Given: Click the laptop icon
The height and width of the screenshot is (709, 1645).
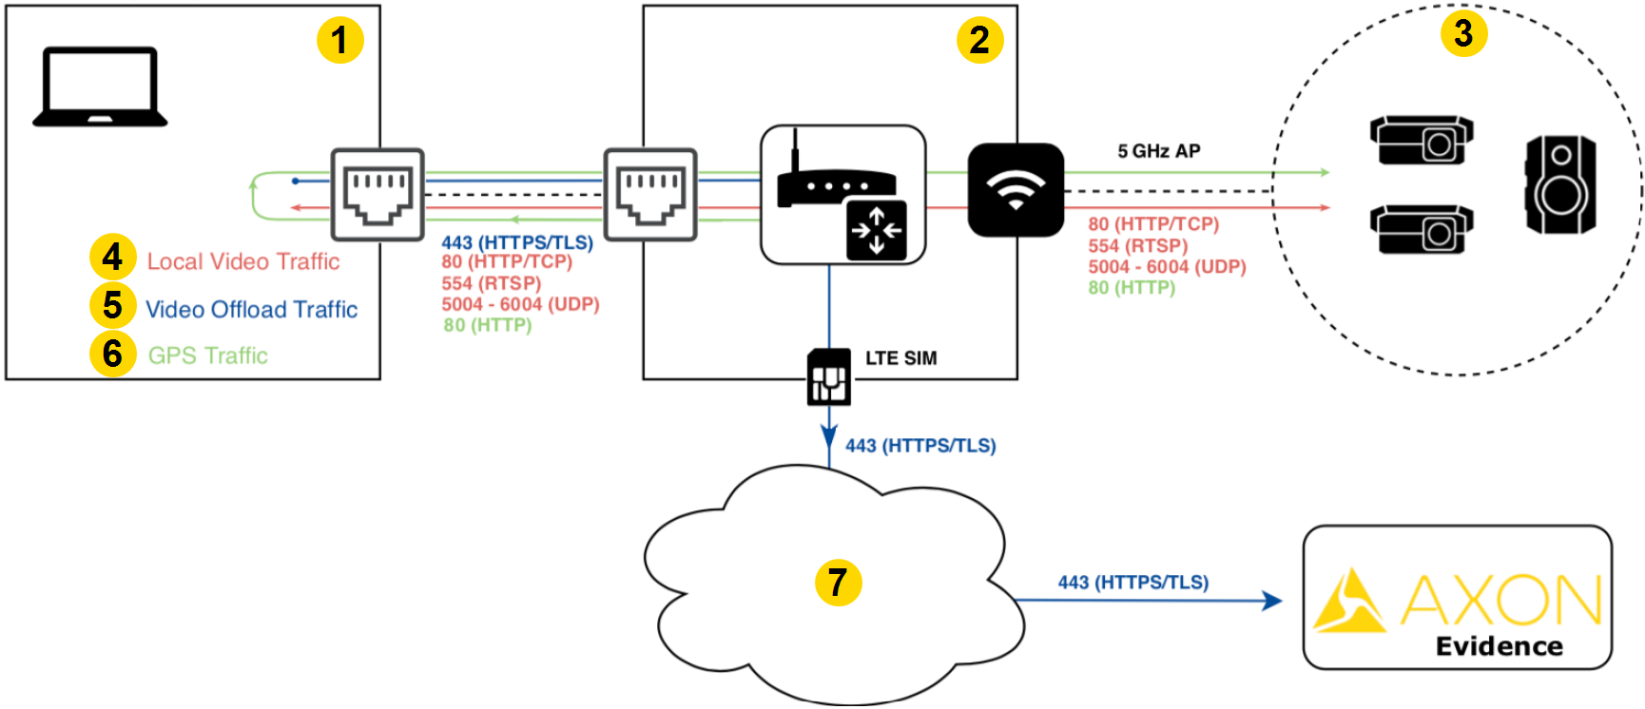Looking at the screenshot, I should pyautogui.click(x=100, y=86).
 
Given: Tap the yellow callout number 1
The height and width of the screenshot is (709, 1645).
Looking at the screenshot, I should pyautogui.click(x=339, y=40).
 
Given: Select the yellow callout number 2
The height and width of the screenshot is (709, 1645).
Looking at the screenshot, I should pyautogui.click(x=979, y=40).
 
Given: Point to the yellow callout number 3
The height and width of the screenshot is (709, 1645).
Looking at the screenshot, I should pyautogui.click(x=1463, y=33).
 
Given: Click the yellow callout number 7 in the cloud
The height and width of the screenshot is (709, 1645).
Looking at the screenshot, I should pyautogui.click(x=838, y=582).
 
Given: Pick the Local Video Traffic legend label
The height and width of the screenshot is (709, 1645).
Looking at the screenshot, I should pyautogui.click(x=242, y=261).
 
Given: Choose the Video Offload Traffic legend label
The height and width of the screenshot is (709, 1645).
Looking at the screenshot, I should pyautogui.click(x=251, y=309).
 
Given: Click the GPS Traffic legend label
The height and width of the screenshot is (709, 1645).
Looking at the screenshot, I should pyautogui.click(x=207, y=355).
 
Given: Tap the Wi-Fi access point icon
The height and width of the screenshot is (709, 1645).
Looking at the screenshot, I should pyautogui.click(x=1016, y=189).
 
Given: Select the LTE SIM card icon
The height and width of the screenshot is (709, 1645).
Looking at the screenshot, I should pyautogui.click(x=829, y=377).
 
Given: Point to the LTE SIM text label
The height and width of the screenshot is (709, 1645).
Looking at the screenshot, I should pyautogui.click(x=900, y=358).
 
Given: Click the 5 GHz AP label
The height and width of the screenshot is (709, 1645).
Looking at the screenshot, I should pyautogui.click(x=1158, y=151).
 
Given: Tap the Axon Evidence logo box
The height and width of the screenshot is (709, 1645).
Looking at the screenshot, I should pyautogui.click(x=1457, y=598).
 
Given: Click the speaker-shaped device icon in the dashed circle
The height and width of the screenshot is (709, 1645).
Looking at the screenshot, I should pyautogui.click(x=1560, y=184).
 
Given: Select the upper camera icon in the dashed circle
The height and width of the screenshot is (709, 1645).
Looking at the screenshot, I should pyautogui.click(x=1422, y=140).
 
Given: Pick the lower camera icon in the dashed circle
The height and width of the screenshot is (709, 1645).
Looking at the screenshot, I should pyautogui.click(x=1422, y=229).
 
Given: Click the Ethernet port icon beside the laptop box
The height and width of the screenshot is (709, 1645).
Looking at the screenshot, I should pyautogui.click(x=377, y=194).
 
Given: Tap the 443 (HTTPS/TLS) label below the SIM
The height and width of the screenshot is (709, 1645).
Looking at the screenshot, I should pyautogui.click(x=920, y=446).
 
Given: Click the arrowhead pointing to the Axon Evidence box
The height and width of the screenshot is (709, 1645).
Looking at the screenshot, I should pyautogui.click(x=1271, y=601).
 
